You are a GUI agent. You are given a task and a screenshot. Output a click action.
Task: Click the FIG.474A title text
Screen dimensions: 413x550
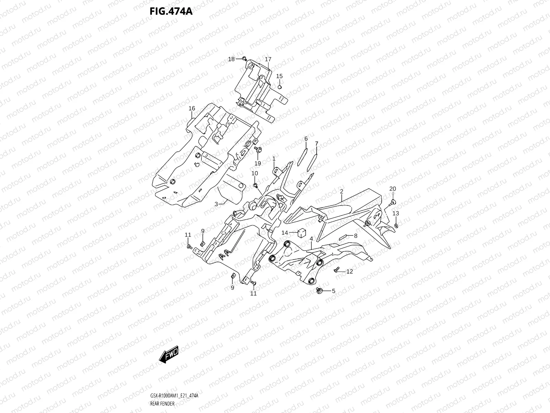point(171,11)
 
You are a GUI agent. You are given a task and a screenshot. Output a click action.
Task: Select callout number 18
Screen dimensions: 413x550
point(231,59)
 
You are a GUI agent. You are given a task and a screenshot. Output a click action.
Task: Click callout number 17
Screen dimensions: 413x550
point(268,59)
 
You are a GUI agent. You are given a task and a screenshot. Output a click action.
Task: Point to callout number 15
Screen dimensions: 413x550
point(279,76)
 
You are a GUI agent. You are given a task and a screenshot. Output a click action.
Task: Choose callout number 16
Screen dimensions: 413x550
point(192,108)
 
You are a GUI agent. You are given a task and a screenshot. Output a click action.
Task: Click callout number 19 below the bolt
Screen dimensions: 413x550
point(257,163)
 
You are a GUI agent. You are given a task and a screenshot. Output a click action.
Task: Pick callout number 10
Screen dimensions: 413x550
point(255,173)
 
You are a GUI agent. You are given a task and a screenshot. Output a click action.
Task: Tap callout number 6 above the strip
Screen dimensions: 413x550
point(306,139)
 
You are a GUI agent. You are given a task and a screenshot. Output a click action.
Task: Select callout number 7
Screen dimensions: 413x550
point(316,143)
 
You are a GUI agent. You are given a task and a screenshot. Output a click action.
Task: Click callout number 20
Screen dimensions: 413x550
point(393,189)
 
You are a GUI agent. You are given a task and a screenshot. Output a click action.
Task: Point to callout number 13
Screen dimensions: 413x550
point(396,213)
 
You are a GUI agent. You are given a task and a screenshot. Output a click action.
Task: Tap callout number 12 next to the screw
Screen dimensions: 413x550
point(350,272)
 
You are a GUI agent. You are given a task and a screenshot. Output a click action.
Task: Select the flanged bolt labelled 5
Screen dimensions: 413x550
point(319,291)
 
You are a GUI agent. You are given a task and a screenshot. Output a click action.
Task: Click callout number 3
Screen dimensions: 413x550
point(216,204)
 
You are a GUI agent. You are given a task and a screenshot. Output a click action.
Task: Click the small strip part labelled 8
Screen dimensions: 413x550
point(344,237)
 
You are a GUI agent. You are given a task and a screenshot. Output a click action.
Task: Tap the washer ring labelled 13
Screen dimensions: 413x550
point(396,226)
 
